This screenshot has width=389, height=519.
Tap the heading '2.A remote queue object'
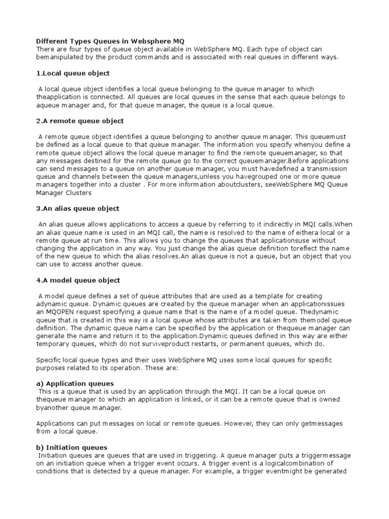click(x=80, y=121)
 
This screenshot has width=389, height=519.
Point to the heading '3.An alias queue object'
click(x=78, y=209)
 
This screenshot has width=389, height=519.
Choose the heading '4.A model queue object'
click(x=79, y=280)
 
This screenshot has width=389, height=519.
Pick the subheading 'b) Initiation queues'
click(x=72, y=448)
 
